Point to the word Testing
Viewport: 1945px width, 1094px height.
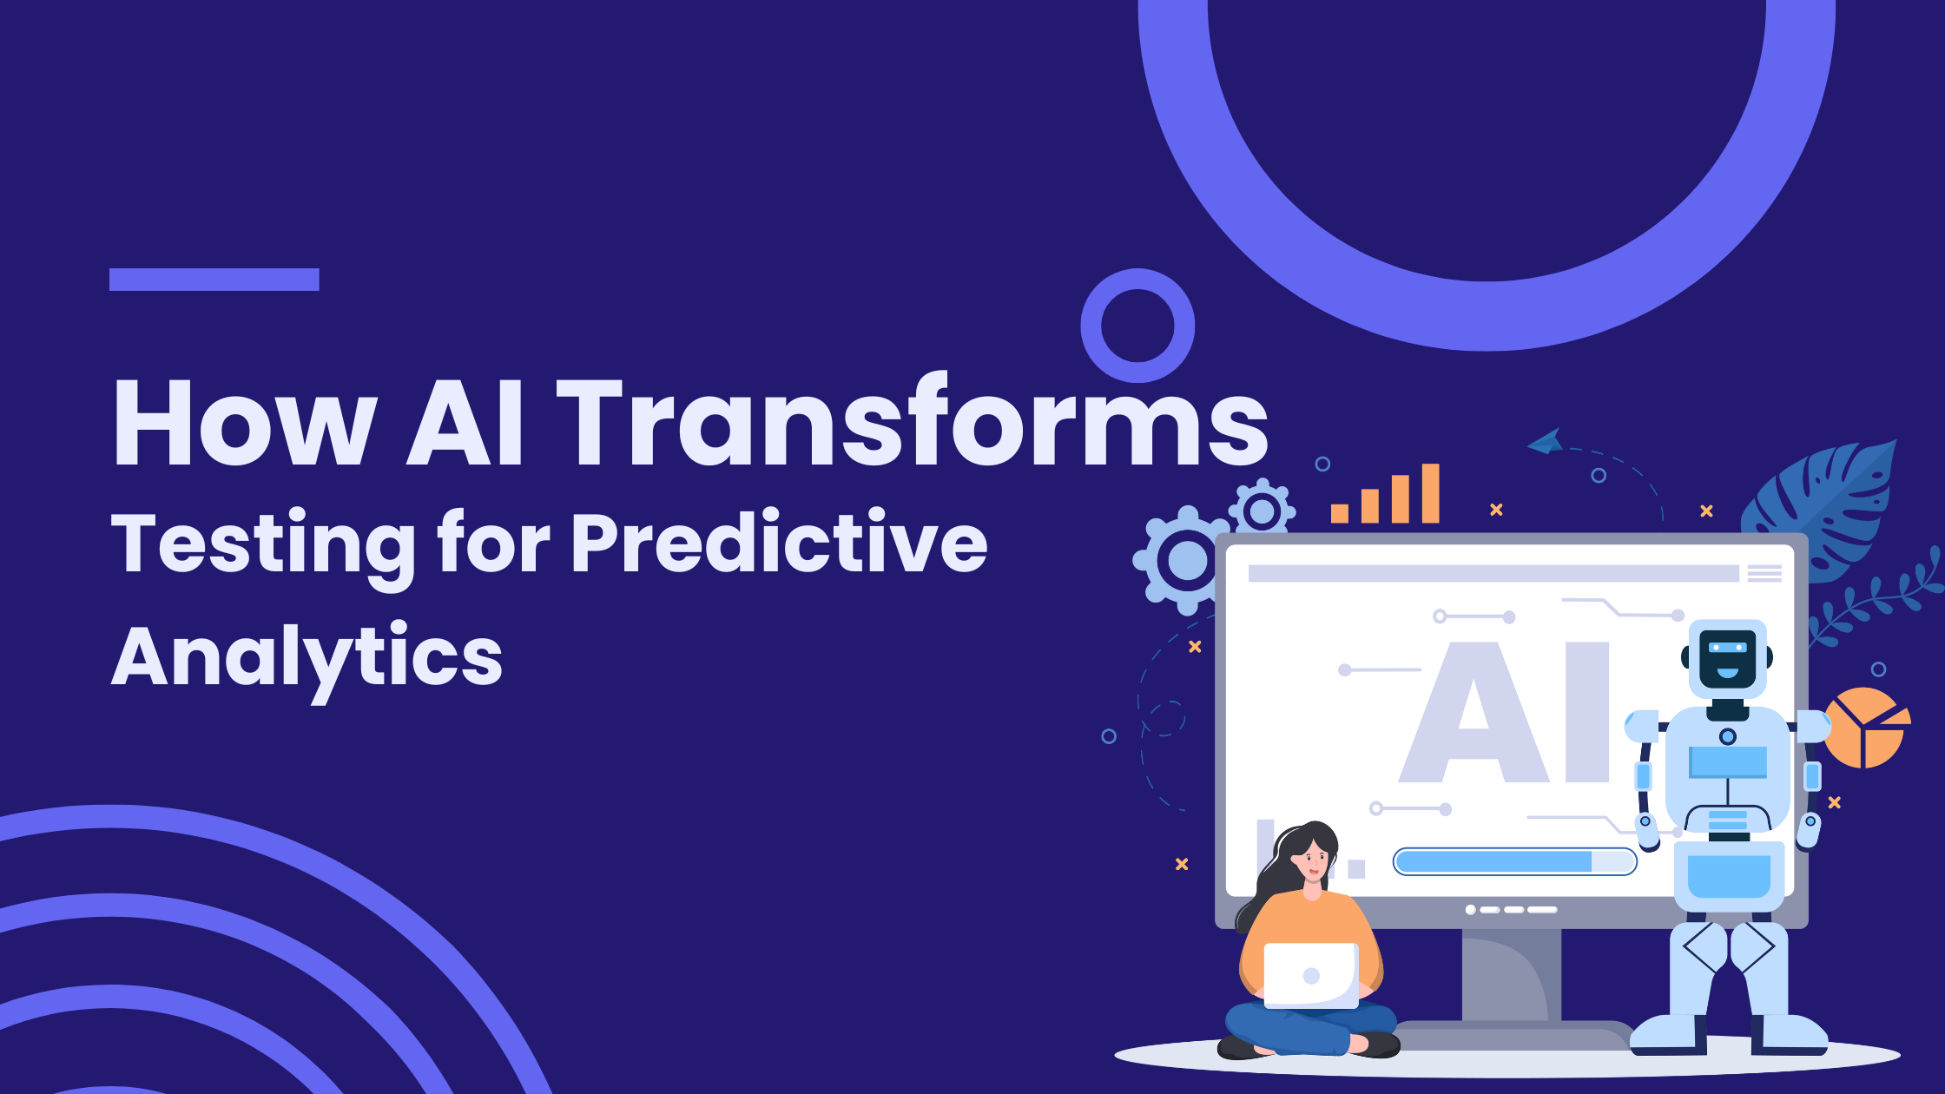264,547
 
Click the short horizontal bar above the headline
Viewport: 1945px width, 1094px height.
214,280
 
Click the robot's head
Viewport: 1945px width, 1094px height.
1727,658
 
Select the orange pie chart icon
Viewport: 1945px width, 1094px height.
1867,728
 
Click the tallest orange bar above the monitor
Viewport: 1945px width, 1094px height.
1430,493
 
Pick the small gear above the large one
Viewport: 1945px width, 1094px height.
1262,511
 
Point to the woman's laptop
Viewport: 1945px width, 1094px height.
1311,975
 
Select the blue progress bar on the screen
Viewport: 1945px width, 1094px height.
1514,861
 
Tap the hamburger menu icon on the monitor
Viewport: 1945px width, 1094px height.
1764,573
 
